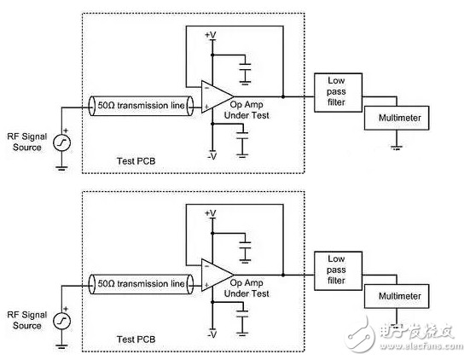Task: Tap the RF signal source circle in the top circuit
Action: (x=61, y=142)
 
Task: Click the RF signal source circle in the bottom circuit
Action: (x=61, y=321)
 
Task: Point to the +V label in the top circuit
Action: (x=211, y=35)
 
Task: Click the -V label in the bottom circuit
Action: (x=212, y=334)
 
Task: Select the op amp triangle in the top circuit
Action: (x=217, y=96)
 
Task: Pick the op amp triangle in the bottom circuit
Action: (x=217, y=275)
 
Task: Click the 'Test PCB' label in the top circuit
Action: (x=136, y=161)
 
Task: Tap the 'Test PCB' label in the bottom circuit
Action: (x=136, y=340)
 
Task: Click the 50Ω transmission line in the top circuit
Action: (x=141, y=106)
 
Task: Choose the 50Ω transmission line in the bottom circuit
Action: (x=141, y=284)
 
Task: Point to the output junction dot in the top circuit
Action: (x=283, y=96)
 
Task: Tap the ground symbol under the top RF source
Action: (x=61, y=168)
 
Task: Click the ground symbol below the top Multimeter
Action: (x=397, y=148)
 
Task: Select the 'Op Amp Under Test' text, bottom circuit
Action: (x=247, y=288)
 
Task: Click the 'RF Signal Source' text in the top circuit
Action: (x=27, y=142)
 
